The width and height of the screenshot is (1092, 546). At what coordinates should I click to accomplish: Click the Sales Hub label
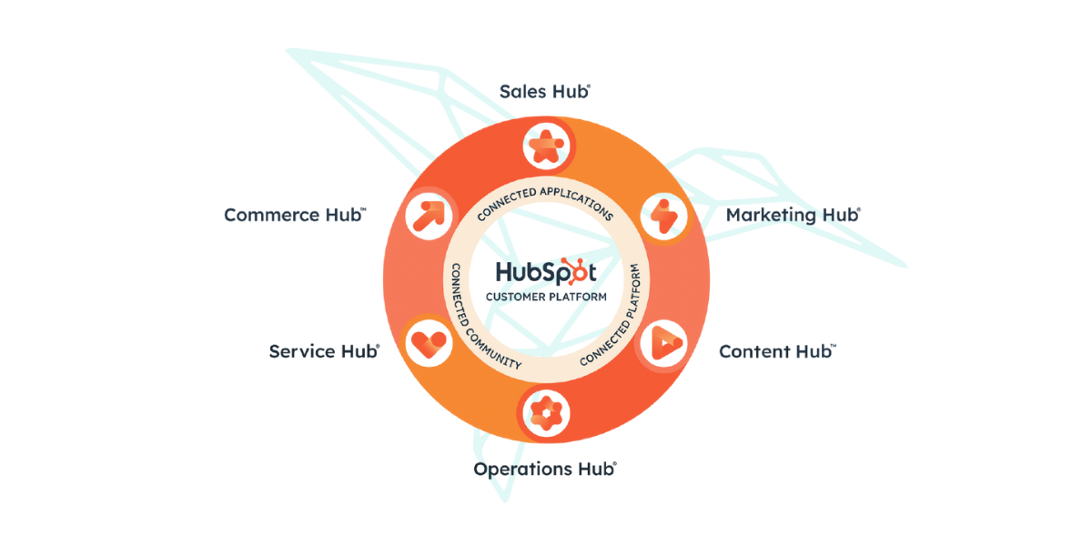point(544,91)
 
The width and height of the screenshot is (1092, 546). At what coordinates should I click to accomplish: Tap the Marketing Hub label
point(792,216)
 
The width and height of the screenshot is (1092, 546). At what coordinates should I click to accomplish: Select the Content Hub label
point(777,351)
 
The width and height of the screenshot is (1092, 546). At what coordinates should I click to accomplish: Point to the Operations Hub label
point(544,470)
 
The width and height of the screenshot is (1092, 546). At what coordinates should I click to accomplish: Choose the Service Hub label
point(324,351)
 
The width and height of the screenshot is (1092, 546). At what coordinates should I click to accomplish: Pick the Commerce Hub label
point(295,216)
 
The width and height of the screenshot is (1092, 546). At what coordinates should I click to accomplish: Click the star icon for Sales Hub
point(545,146)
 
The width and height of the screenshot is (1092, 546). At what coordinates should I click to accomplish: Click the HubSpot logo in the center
point(545,272)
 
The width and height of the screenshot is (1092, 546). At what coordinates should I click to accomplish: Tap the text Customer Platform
point(545,297)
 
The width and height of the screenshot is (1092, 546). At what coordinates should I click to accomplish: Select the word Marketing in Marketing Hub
point(770,216)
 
